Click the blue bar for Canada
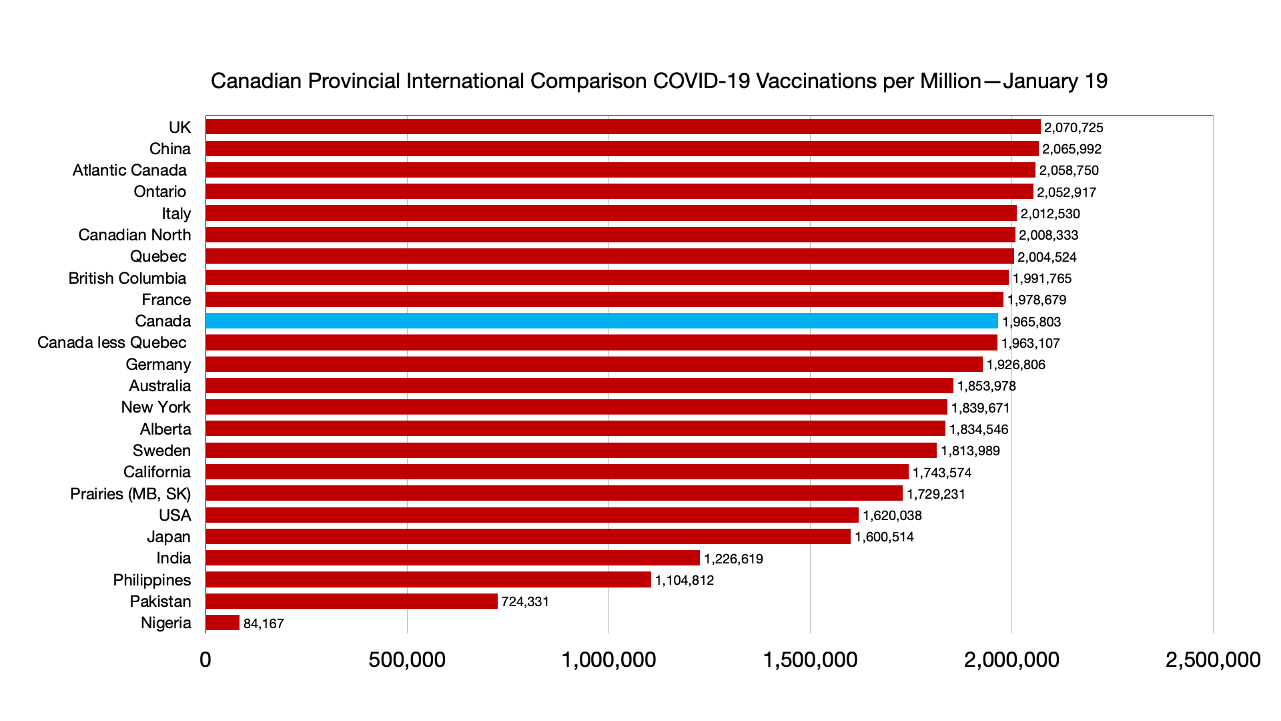602,321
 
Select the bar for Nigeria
223,623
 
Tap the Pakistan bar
352,602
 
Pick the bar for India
452,558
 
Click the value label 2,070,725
1074,128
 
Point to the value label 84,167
264,624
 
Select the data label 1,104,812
684,580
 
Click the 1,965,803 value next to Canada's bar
1031,322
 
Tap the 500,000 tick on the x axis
407,660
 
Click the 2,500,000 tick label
1212,660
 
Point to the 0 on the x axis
205,660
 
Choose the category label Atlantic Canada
129,170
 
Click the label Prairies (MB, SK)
130,494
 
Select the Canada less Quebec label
112,342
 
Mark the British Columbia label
127,278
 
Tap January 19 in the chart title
1055,81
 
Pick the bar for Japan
528,537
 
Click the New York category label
155,407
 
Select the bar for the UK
623,127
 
